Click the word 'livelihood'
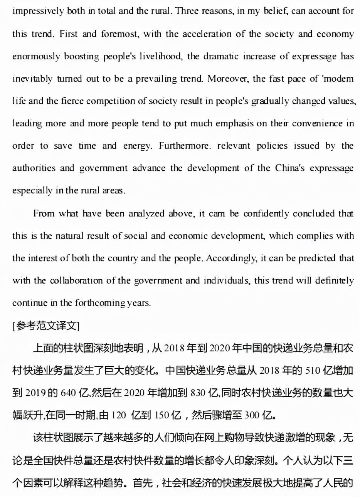[160, 56]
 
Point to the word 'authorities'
[34, 168]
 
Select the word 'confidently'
[266, 213]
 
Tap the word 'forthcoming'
[100, 303]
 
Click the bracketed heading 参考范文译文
[46, 326]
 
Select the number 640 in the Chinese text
[68, 393]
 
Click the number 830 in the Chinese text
[198, 393]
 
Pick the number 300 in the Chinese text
[252, 415]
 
